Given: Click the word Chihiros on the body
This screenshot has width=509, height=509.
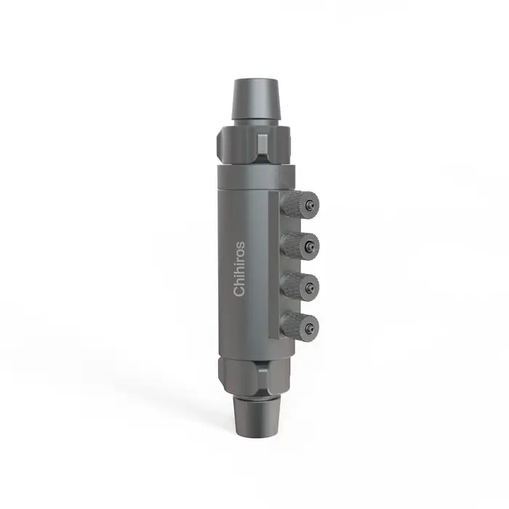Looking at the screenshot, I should click(240, 269).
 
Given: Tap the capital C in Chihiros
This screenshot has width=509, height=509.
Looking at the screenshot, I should click(240, 291).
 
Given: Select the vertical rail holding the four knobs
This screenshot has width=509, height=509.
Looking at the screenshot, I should click(274, 265).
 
